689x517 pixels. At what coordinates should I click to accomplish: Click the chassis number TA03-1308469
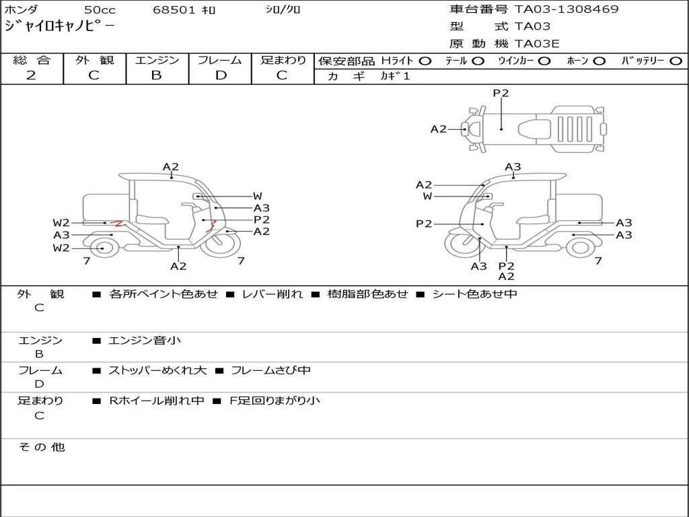[567, 9]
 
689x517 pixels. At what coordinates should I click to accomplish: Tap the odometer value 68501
[174, 9]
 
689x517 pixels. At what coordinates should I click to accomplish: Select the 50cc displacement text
[99, 9]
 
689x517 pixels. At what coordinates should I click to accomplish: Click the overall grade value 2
[31, 75]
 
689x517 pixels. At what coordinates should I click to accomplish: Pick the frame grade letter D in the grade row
[221, 75]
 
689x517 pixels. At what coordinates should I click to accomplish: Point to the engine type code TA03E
[537, 44]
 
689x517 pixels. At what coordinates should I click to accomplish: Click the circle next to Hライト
[425, 61]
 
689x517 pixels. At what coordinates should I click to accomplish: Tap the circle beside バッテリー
[676, 61]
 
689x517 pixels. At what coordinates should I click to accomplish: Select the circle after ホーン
[599, 61]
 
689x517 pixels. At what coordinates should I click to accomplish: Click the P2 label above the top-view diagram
[501, 93]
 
